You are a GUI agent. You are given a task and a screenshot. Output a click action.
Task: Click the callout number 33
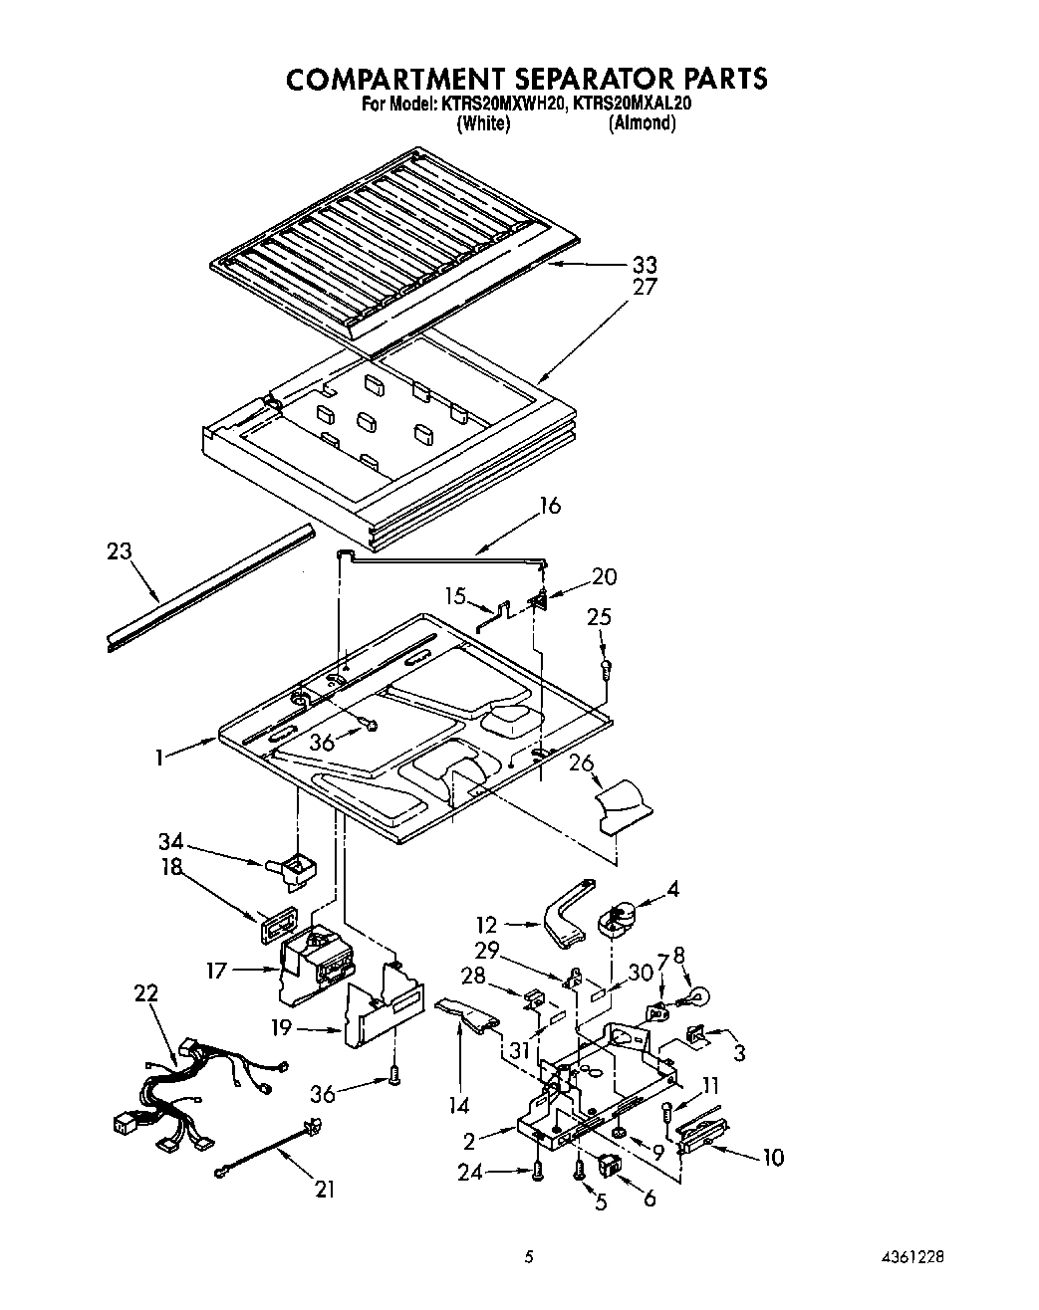coord(644,266)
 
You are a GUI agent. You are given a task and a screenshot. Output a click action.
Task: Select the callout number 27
coord(644,288)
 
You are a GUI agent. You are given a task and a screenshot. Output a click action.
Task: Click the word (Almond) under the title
coord(642,123)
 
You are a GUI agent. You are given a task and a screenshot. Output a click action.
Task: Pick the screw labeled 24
coord(538,1173)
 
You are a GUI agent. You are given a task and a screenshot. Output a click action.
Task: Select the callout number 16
coord(548,507)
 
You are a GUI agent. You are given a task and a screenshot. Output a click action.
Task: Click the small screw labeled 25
coord(606,669)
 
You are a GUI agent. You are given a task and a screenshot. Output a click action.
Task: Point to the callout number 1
coord(159,758)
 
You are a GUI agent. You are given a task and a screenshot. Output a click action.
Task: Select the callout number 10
coord(773,1157)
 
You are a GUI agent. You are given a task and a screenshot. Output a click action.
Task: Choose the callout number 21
coord(325,1189)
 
